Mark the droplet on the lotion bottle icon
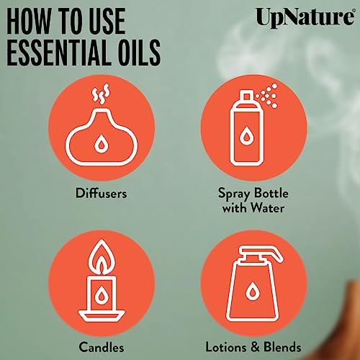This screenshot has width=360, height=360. [x=254, y=292]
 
